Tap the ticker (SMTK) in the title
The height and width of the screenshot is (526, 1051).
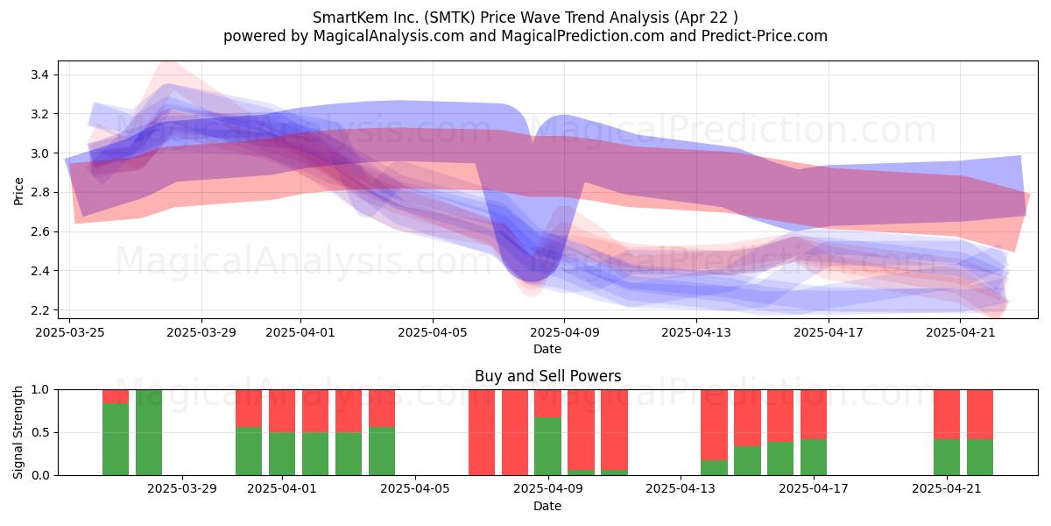[x=449, y=18]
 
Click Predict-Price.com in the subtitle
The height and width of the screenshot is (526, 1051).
[x=765, y=36]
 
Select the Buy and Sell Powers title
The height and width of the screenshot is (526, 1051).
[x=547, y=376]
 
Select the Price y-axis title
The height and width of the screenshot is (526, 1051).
[x=18, y=191]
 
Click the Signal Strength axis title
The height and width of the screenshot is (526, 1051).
[x=18, y=432]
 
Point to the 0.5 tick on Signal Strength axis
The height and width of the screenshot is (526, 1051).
[x=41, y=432]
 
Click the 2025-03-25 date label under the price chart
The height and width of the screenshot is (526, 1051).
[x=70, y=332]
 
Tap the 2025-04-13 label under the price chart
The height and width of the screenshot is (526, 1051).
[x=696, y=332]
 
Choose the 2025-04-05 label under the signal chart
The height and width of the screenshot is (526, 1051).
[x=415, y=489]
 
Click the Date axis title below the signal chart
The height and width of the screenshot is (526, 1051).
[x=547, y=506]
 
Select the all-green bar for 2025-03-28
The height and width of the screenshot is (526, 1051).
[x=149, y=432]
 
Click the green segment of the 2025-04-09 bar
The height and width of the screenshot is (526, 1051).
[x=547, y=446]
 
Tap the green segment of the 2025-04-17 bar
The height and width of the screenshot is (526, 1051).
[x=814, y=458]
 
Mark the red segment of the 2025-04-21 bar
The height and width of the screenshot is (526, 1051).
[x=947, y=415]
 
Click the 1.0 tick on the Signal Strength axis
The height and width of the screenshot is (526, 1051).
[x=41, y=389]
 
